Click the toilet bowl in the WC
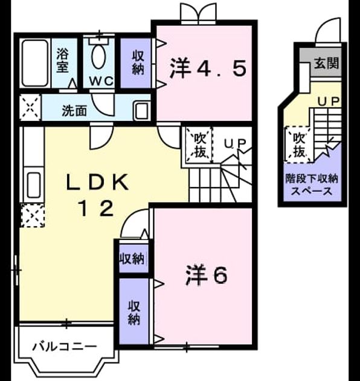tap(98, 56)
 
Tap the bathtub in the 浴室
tap(35, 63)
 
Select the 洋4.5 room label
tap(208, 68)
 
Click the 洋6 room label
tap(207, 275)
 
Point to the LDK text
tap(98, 182)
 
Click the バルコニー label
tap(65, 346)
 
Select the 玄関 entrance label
tap(326, 63)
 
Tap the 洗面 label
tap(74, 111)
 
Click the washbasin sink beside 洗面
tap(141, 111)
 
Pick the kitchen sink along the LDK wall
tap(33, 185)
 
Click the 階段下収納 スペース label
tap(312, 185)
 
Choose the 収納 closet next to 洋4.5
tap(136, 63)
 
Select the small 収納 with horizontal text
tap(132, 259)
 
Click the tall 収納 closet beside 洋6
tap(134, 311)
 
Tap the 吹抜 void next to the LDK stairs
tap(199, 145)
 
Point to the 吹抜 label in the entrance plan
tap(299, 145)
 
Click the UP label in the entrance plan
tap(329, 102)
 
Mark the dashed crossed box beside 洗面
tap(30, 107)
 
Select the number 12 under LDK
tap(97, 208)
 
